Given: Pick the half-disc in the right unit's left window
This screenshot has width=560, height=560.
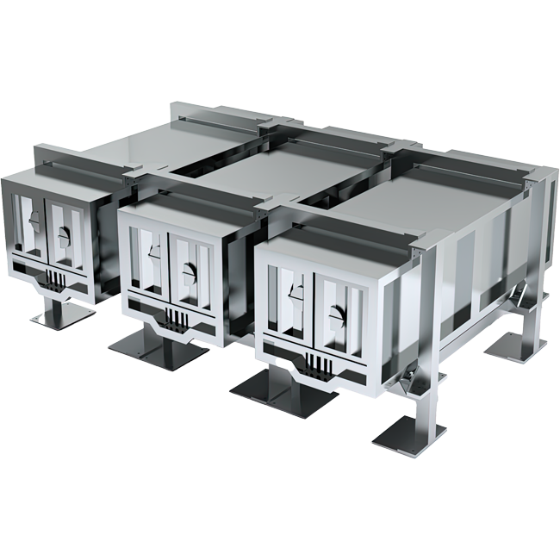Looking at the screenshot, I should (296, 289).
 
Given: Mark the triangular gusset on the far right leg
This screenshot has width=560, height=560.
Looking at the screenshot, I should (520, 301).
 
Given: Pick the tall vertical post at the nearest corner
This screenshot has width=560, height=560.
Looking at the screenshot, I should (431, 327).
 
